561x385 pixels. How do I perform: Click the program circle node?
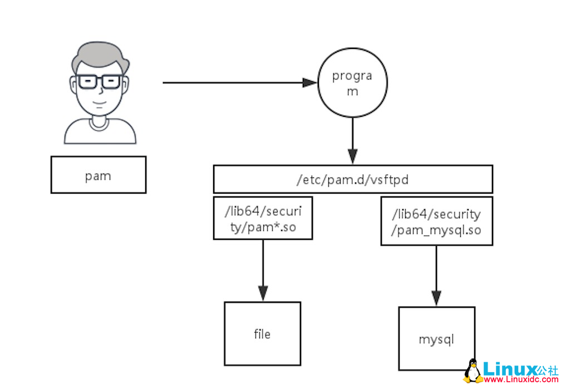[x=352, y=83]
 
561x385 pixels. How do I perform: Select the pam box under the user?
[x=99, y=175]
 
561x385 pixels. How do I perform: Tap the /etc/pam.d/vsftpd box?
[x=353, y=179]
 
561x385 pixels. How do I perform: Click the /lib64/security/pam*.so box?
[x=263, y=218]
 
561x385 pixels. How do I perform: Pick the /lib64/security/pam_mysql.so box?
[x=436, y=221]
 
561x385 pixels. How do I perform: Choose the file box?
[x=262, y=334]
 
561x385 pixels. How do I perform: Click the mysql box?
[x=436, y=338]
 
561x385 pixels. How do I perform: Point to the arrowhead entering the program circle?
[x=309, y=83]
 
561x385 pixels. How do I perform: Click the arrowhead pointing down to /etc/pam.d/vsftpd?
[x=352, y=155]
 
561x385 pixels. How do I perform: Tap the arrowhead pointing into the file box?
[x=263, y=293]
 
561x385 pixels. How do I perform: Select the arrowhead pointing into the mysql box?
[x=436, y=298]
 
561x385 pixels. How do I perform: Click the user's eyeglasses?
[x=100, y=82]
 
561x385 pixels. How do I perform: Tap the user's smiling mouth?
[x=99, y=103]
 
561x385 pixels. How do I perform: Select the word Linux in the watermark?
[x=509, y=369]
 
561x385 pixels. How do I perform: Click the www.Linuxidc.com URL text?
[x=521, y=380]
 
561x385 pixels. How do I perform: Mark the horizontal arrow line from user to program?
[x=234, y=83]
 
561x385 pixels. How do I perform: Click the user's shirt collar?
[x=100, y=124]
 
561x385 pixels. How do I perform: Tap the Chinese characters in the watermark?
[x=548, y=369]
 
